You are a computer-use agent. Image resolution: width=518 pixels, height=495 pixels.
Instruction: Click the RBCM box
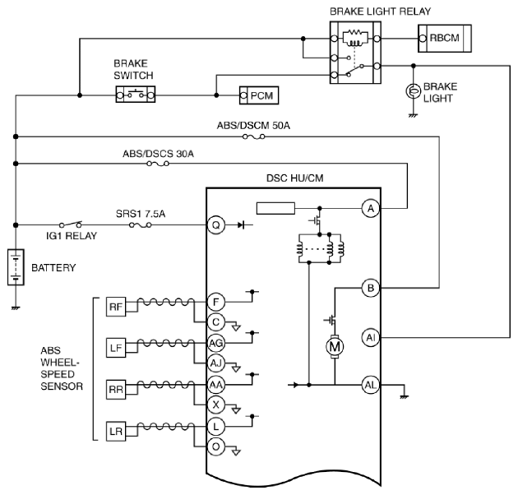445,39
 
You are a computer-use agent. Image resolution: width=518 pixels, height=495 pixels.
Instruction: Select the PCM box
259,95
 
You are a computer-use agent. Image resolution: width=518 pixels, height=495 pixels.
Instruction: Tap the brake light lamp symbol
413,91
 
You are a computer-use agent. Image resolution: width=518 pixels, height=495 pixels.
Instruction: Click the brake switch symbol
136,95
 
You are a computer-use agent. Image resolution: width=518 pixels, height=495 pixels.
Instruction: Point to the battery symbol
16,267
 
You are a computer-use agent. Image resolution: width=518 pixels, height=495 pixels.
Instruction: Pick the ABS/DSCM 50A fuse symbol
254,136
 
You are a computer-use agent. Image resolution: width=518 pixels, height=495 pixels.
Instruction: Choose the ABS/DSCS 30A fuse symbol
158,164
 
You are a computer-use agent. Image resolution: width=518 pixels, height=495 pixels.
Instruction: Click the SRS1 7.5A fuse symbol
141,225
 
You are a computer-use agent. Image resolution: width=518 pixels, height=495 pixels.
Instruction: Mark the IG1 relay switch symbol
71,224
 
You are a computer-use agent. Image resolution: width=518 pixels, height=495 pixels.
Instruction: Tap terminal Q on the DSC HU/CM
215,225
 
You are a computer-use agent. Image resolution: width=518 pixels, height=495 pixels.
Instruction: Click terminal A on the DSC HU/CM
371,209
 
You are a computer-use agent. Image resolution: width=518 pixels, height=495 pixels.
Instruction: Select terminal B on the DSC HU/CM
371,288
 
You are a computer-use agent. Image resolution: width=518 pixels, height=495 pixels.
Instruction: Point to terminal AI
371,337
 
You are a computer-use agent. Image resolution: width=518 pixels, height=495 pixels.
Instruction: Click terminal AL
371,385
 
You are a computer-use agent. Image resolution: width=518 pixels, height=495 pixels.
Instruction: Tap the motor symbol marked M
335,347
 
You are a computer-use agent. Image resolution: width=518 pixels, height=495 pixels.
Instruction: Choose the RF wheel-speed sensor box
116,307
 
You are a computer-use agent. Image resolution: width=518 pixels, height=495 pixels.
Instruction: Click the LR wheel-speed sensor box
116,431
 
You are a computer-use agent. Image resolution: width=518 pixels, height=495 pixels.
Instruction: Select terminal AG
215,344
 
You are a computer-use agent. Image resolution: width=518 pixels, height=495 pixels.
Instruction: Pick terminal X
215,405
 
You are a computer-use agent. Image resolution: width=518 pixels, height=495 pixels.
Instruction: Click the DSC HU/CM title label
294,178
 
